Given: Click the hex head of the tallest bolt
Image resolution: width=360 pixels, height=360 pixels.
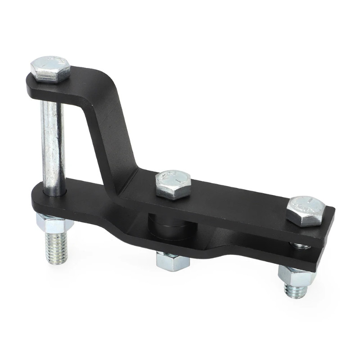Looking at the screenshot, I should pos(50,68).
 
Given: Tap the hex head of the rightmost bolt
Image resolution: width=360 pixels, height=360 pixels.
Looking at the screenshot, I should pos(306,210).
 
